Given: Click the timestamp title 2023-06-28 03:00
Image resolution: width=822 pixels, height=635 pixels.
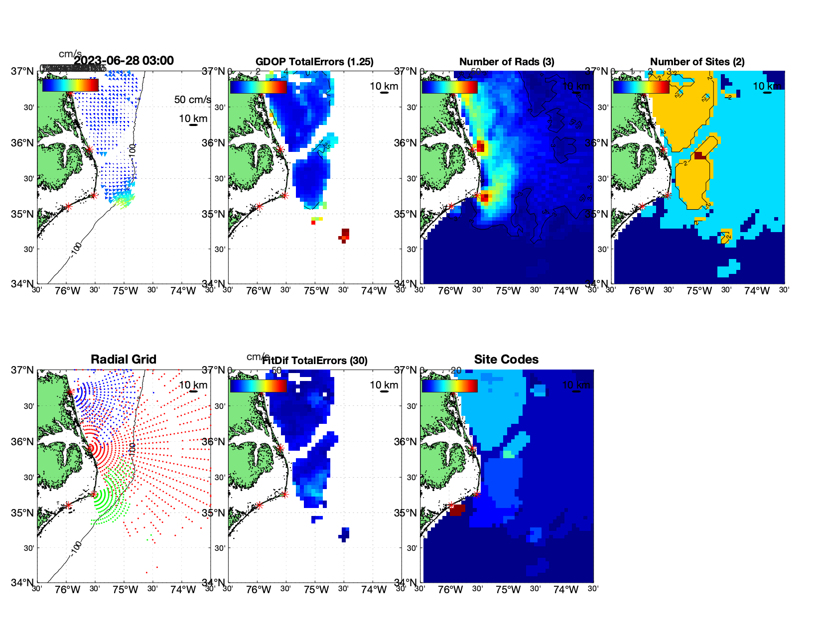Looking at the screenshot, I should (x=124, y=61).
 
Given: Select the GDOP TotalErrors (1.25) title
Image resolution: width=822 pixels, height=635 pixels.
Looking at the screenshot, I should (x=314, y=62).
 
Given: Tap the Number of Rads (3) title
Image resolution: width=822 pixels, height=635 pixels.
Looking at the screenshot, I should (x=507, y=62).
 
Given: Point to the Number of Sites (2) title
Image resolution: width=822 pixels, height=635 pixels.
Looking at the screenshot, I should (x=697, y=62).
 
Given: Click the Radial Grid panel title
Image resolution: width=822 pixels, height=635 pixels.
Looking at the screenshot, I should (x=124, y=360).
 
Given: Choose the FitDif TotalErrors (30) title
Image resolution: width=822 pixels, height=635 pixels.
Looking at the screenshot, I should (x=315, y=361).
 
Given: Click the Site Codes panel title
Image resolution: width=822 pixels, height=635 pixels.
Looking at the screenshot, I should (x=506, y=360).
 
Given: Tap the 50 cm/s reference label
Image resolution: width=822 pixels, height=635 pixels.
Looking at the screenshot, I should (x=192, y=100).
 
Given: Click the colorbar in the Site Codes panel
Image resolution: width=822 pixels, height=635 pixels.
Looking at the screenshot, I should (x=449, y=386).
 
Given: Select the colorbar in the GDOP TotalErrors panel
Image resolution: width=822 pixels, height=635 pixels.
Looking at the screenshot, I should (x=258, y=87).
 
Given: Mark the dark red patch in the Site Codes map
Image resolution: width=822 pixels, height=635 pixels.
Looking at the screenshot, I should (x=457, y=510).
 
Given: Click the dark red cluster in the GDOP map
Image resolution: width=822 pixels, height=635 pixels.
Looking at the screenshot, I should (x=345, y=235).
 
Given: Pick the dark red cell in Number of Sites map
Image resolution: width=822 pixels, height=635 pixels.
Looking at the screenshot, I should (x=700, y=156).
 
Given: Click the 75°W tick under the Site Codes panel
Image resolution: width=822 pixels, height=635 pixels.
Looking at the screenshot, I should (x=508, y=590).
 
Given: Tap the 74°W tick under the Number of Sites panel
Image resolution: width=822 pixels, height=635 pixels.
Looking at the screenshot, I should (x=757, y=291).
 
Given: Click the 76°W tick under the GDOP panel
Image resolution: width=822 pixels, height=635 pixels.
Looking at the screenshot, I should (x=259, y=291).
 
